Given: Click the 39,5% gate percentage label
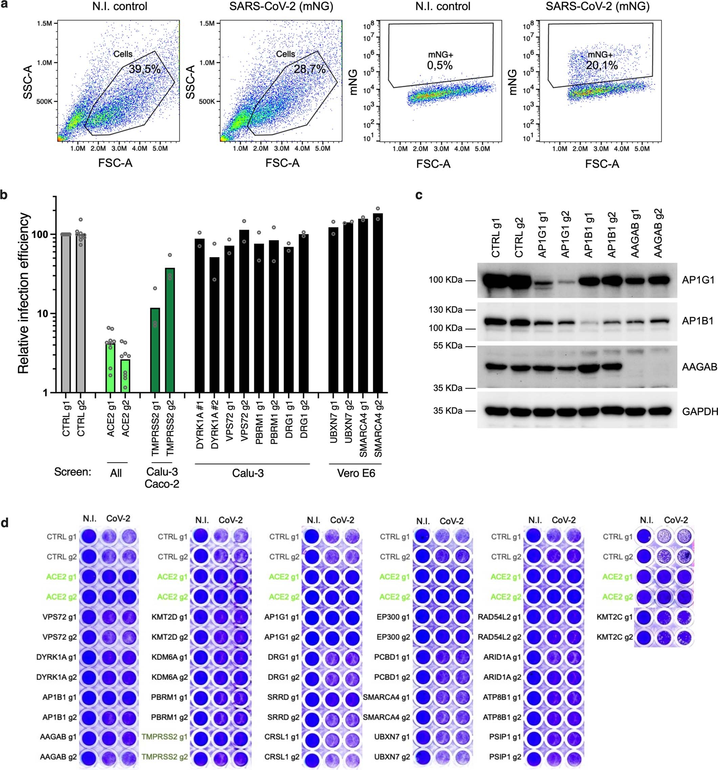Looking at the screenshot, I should (144, 69).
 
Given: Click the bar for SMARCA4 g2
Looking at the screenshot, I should (378, 302).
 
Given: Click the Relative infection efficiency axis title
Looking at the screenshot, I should (23, 293).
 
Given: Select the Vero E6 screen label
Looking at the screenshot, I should (356, 473).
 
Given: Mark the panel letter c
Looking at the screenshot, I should (419, 195).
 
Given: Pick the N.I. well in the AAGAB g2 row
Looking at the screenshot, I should (90, 757).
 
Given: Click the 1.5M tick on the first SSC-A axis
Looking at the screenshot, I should (44, 24).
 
